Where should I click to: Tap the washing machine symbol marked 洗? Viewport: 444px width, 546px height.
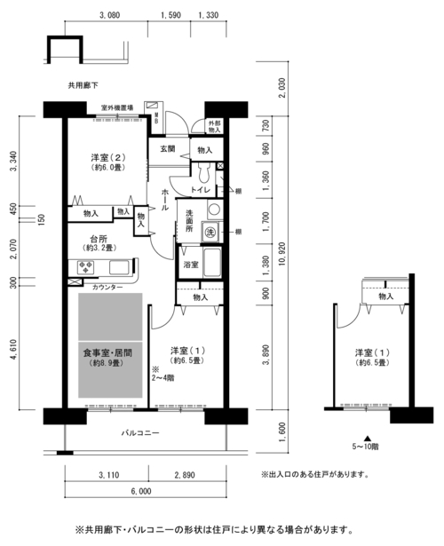click(x=210, y=232)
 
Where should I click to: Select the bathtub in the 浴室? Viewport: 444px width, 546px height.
click(x=212, y=263)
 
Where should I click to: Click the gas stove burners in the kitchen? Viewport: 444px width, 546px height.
click(x=85, y=267)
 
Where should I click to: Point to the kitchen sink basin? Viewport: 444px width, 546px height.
click(x=119, y=267)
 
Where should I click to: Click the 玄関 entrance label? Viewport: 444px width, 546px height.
click(x=168, y=148)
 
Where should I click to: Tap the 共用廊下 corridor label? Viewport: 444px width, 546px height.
click(x=83, y=85)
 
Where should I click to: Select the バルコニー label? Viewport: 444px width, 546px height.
click(x=140, y=433)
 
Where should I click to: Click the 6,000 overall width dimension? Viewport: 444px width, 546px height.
click(x=141, y=491)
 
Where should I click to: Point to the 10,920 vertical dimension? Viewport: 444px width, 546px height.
click(x=281, y=254)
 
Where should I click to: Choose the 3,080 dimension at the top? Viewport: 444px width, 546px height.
click(x=110, y=15)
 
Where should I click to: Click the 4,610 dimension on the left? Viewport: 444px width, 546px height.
click(x=13, y=350)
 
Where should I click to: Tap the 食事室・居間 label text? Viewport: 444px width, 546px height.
click(x=107, y=352)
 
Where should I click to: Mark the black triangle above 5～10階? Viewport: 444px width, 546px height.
click(x=367, y=439)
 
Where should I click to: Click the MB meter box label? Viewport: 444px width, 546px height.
click(x=156, y=118)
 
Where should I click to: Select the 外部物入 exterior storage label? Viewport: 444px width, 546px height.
click(x=215, y=126)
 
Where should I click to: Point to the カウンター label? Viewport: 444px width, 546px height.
click(x=107, y=288)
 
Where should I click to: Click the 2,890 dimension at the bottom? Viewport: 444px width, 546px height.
click(x=185, y=475)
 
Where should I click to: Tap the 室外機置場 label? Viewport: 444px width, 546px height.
click(x=117, y=107)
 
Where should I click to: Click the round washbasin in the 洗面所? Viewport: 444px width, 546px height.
click(x=214, y=210)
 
